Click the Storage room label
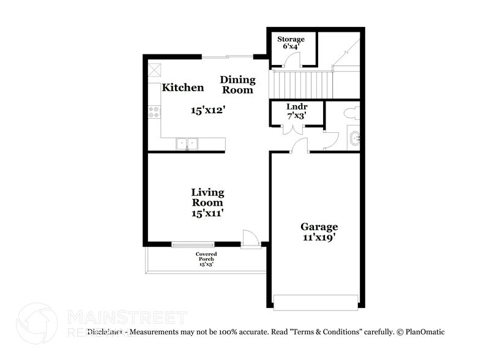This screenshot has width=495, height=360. point(291,39)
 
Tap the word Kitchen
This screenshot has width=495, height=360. point(182,88)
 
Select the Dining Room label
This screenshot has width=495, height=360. point(237,84)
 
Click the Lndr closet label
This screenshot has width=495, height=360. point(296,107)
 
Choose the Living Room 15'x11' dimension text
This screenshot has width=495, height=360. point(207,213)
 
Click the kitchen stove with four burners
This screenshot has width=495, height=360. point(154,112)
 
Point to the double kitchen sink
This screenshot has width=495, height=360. point(187,144)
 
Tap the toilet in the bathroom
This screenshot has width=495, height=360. point(352,113)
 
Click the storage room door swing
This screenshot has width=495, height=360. point(294,60)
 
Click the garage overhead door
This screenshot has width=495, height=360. point(316,302)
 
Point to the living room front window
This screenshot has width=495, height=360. point(193,245)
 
